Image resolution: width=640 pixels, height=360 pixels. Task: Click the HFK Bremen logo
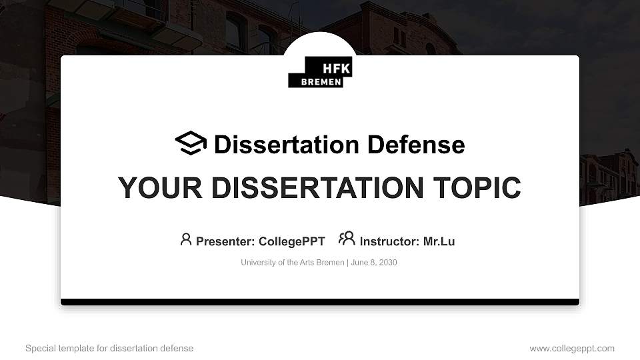tap(320, 72)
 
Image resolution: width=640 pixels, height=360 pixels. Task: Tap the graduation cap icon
tap(191, 144)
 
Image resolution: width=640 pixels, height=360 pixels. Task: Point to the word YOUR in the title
tap(150, 188)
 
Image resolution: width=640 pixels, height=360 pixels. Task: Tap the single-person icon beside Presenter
tap(186, 239)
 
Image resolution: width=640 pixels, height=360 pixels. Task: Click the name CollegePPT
tap(291, 241)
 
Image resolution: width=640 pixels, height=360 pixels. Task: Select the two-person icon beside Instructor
tap(347, 239)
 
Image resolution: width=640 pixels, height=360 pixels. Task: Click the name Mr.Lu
tap(439, 241)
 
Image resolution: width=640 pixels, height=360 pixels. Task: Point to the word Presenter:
tap(225, 241)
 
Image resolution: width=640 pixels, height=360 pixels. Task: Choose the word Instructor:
tap(390, 241)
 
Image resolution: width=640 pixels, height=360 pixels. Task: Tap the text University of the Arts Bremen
tap(292, 263)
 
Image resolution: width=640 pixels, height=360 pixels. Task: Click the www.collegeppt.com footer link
tap(572, 348)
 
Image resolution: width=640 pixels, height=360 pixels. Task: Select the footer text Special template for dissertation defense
tap(109, 348)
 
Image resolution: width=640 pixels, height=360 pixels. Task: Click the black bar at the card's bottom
tap(320, 302)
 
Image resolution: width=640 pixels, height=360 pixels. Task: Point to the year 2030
tap(388, 263)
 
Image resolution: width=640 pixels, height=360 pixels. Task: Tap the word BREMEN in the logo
tap(321, 82)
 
